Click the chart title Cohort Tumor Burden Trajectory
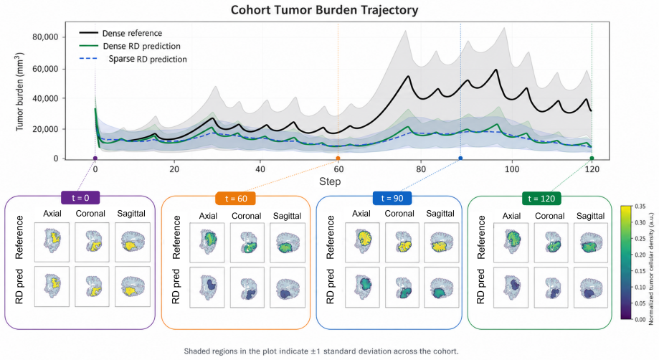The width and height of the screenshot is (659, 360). pos(324,10)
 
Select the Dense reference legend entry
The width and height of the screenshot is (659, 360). pos(121,33)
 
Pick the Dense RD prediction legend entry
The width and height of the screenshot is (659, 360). pos(131,46)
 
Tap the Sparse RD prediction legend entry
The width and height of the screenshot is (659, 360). pos(133,60)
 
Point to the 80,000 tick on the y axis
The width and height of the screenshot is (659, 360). pos(45,37)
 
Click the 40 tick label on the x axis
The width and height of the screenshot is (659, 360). pos(260,169)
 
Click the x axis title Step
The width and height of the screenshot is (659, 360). pos(330,181)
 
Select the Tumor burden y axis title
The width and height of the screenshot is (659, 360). pos(19,92)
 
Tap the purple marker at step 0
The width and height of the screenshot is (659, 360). pos(95,158)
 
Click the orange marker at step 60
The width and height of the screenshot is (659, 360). pos(338,158)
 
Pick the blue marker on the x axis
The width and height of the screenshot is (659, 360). pos(460,158)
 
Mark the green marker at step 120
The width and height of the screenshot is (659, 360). pos(592,158)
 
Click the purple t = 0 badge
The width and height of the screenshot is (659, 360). pos(80,198)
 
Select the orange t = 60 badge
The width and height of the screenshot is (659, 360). pos(236,198)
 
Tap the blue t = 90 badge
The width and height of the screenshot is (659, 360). pos(392,198)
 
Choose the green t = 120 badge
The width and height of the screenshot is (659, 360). pos(541,198)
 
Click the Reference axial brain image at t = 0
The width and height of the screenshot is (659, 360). pos(52,242)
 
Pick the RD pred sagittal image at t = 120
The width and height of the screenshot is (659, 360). pos(590,288)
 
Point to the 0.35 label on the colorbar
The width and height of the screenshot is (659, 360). pos(640,207)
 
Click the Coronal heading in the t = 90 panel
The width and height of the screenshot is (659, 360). pos(399,214)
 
